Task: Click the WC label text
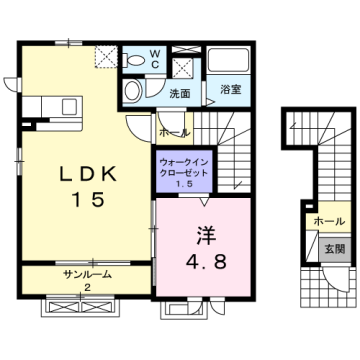point(156,59)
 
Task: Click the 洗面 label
point(179,94)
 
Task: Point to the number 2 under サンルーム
point(86,287)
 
